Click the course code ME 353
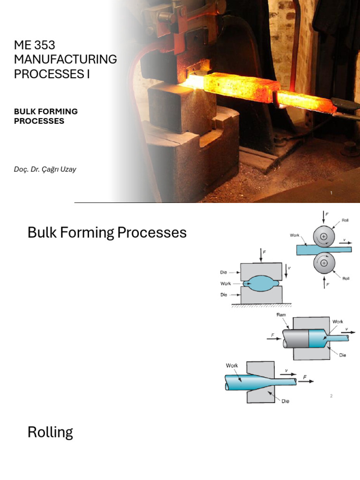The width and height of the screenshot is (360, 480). tap(35, 45)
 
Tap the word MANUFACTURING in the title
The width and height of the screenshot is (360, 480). tap(66, 60)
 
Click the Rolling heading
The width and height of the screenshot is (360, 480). tap(50, 432)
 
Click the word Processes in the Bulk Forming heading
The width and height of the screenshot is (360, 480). tap(152, 232)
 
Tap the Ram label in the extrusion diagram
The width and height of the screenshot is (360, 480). tap(281, 315)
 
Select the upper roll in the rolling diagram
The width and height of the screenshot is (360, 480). tap(324, 236)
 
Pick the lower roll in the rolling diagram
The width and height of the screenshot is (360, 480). tap(324, 263)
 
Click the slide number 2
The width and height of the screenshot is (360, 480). tap(331, 396)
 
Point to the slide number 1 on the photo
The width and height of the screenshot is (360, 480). tap(331, 193)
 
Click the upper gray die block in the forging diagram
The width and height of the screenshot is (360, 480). tap(261, 272)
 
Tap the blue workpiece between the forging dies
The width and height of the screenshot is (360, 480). tap(261, 284)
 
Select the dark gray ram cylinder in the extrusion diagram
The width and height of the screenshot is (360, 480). tap(296, 338)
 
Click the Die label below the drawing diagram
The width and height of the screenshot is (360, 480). tap(285, 401)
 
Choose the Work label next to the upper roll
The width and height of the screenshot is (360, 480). tap(294, 235)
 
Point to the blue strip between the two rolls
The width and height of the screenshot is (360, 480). tap(324, 250)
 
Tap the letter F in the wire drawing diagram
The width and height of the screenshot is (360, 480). tap(305, 377)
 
